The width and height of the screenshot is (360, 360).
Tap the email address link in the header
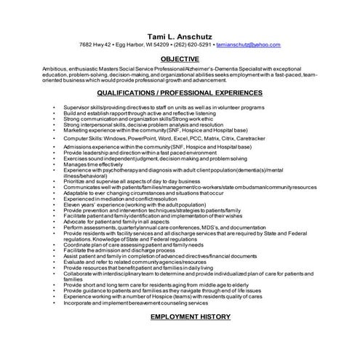pyautogui.click(x=248, y=45)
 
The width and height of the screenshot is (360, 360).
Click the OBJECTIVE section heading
pyautogui.click(x=180, y=58)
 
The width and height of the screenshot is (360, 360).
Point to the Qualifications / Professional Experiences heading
pyautogui.click(x=180, y=94)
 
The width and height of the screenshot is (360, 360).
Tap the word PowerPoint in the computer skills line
pyautogui.click(x=130, y=137)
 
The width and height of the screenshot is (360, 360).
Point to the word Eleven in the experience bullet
pyautogui.click(x=71, y=204)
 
